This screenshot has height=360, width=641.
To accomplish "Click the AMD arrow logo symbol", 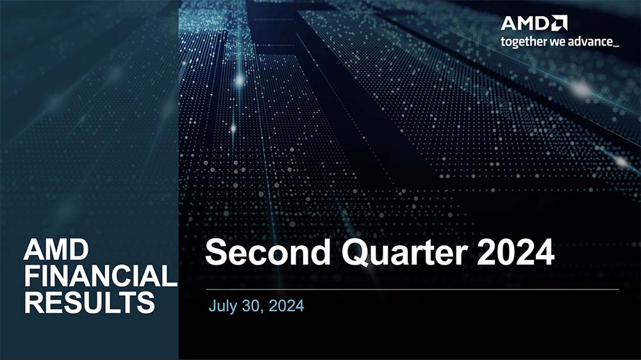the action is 559,23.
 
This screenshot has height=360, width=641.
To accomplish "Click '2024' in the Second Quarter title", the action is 515,252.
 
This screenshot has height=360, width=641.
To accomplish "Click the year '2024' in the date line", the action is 286,306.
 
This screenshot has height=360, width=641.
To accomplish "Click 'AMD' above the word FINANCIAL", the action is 56,250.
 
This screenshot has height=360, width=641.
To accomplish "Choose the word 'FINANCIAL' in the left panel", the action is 101,276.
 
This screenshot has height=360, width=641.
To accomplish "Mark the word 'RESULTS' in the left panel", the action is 90,302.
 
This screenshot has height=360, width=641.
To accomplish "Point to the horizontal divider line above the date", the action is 412,290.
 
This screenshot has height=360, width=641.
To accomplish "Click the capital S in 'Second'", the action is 216,252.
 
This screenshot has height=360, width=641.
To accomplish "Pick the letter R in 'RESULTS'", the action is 33,302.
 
